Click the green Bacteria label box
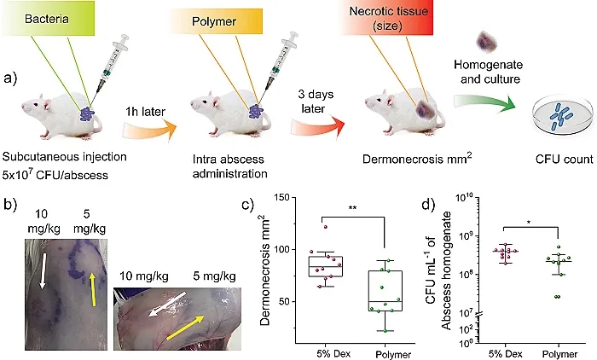coord(48,18)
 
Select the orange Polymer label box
coord(216,21)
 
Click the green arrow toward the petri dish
coord(484,103)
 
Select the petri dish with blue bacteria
coord(564,118)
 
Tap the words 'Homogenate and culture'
coord(489,72)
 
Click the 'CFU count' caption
coord(564,160)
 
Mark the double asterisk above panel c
coord(352,208)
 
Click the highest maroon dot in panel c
coord(326,227)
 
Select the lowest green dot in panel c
coord(385,331)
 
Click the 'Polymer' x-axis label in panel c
coord(393,354)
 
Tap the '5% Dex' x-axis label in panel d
coord(506,353)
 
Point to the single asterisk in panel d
coord(530,222)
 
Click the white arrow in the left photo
coord(43,271)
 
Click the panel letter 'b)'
coord(10,205)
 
